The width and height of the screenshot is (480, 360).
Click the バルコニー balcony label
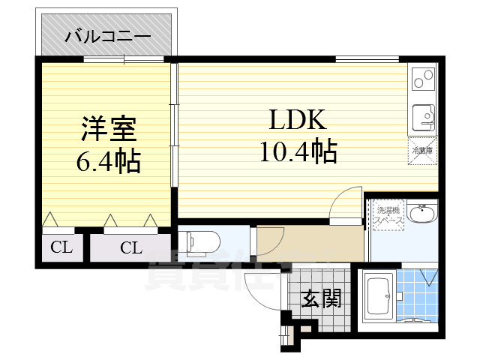tap(107, 35)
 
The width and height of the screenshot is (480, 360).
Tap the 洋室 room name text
tap(109, 129)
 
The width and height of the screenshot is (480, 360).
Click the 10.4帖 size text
tap(298, 152)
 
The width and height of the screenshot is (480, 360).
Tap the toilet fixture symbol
tap(201, 241)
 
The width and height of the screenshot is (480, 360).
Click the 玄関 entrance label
tap(322, 298)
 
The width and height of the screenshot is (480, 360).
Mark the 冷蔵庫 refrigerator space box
tap(423, 151)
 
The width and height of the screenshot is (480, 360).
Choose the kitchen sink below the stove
tap(423, 115)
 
